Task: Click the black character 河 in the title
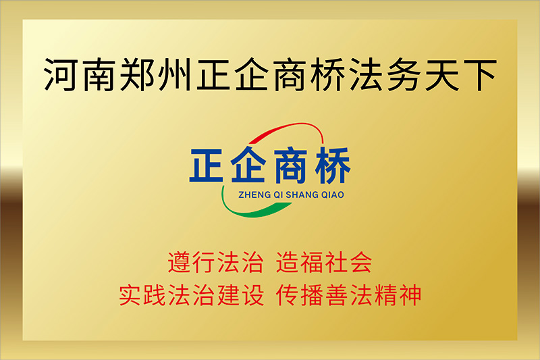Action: point(61,75)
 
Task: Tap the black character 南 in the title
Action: point(100,75)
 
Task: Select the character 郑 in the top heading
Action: point(138,75)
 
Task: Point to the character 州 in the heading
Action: point(175,75)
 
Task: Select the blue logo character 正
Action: point(207,165)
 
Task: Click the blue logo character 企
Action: point(248,165)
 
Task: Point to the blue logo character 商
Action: point(290,165)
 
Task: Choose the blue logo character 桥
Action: point(333,165)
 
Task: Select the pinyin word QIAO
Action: point(333,195)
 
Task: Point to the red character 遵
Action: point(180,263)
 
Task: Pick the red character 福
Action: point(312,263)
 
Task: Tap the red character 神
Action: point(410,295)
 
